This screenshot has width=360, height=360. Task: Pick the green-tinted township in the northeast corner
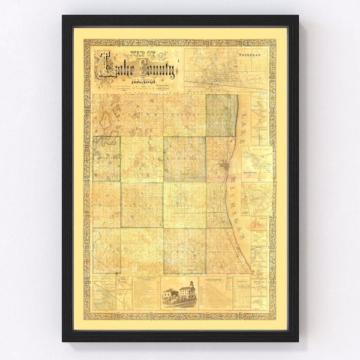tap(221, 115)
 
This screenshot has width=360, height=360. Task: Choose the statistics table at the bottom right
tap(241, 293)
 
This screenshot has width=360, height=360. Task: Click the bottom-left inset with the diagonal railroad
tap(103, 293)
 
